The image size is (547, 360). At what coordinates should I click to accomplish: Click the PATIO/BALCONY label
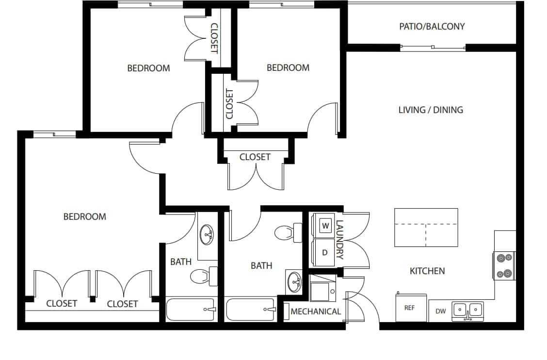pos(432,26)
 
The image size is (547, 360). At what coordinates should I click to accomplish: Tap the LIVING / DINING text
pos(431,110)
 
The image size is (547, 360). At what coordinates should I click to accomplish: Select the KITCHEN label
pos(427,271)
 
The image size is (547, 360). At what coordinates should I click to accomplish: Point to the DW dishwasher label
pos(440,311)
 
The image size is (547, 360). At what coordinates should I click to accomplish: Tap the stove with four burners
pos(503,266)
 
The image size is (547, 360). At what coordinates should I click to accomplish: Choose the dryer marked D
pos(325,252)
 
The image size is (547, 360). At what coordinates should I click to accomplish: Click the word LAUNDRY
pos(339,240)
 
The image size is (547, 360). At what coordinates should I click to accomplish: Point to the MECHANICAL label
pos(316,311)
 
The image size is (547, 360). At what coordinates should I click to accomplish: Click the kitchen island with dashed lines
pos(426,227)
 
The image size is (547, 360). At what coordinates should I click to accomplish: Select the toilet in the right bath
pos(284,233)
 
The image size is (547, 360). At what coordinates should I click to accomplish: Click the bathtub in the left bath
pos(191,309)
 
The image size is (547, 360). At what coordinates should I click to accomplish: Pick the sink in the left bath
pos(208,235)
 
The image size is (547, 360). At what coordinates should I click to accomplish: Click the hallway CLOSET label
pos(255,157)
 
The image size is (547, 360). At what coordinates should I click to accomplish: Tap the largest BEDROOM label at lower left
pos(84,216)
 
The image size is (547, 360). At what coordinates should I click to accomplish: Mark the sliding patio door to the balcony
pos(433,48)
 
